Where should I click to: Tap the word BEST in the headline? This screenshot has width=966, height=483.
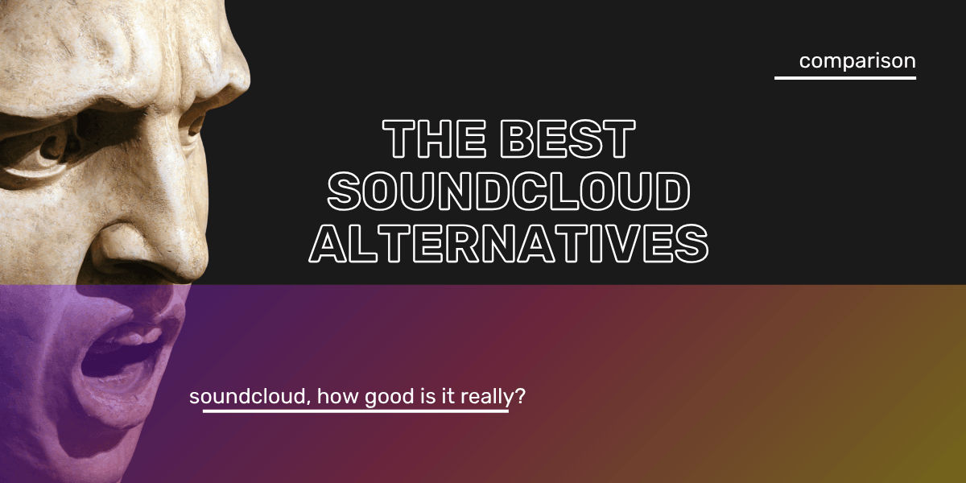coord(568,138)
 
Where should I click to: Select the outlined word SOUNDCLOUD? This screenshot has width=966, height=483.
coord(509,191)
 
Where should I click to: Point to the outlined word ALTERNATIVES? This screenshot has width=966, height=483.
coord(509,244)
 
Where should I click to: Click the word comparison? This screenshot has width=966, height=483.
coord(857,61)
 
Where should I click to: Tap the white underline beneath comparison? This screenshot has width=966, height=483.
coord(845,78)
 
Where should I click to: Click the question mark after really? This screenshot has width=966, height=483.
coord(520,395)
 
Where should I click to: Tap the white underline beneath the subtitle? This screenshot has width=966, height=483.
coord(356,411)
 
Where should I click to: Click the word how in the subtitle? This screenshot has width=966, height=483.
coord(337,396)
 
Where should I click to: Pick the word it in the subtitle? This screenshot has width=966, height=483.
coord(448,396)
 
